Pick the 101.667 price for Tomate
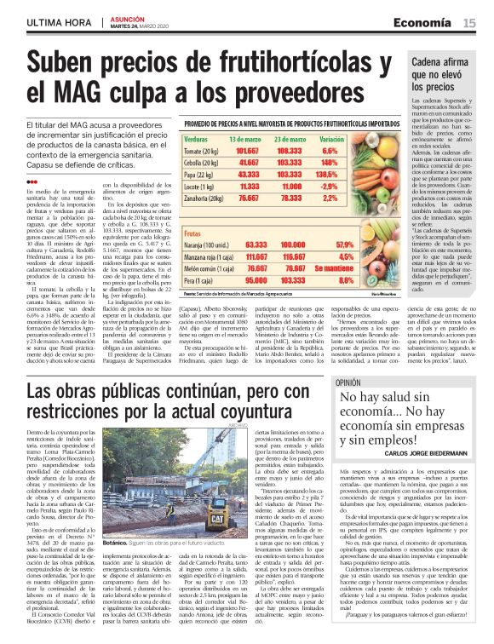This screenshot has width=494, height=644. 224,149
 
